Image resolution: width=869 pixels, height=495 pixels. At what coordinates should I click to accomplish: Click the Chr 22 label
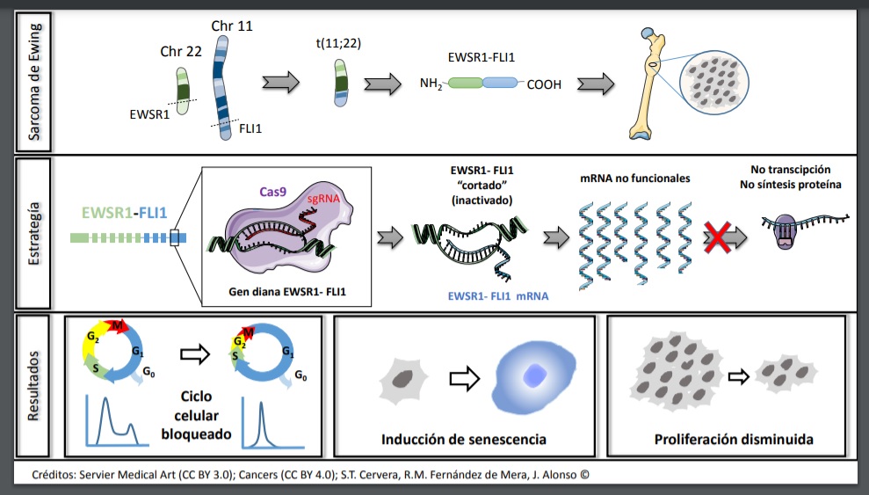tap(181, 52)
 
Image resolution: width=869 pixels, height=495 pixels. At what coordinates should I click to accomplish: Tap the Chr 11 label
tap(232, 26)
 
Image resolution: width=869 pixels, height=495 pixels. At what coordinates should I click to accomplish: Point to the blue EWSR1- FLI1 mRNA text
tap(498, 296)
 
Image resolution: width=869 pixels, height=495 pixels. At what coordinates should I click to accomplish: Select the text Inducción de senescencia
tap(463, 439)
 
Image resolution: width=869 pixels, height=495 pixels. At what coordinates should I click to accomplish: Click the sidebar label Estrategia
tap(33, 233)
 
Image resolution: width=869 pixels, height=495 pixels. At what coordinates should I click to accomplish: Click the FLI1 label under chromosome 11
tap(251, 128)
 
